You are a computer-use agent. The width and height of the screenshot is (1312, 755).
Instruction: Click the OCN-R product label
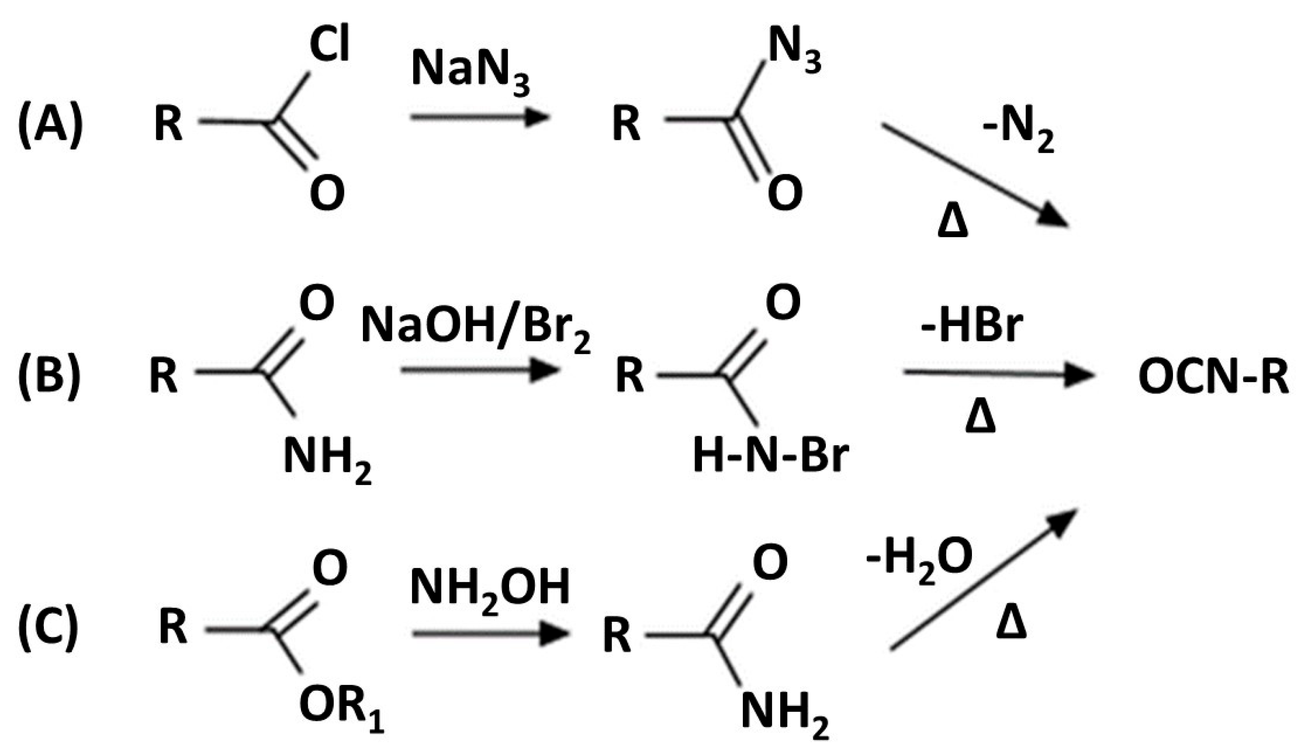click(x=1213, y=377)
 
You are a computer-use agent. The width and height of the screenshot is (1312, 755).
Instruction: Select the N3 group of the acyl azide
click(x=794, y=49)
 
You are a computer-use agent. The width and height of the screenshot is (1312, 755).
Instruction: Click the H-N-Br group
click(x=771, y=457)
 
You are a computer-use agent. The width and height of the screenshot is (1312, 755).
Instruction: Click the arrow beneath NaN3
click(x=479, y=117)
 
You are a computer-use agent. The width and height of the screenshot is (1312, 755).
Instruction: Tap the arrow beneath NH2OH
click(x=490, y=634)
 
